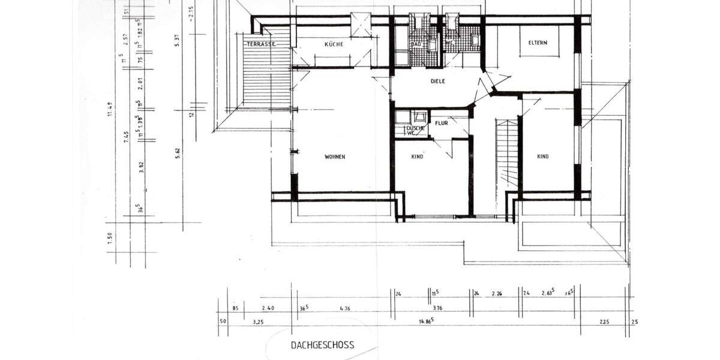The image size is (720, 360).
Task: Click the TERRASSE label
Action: tap(260, 44)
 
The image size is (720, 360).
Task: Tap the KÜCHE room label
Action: tap(334, 44)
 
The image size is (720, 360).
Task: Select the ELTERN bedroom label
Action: tap(538, 43)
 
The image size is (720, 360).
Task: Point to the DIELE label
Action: tap(438, 81)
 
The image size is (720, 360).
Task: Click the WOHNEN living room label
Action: tap(335, 157)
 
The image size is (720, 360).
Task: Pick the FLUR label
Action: tap(442, 123)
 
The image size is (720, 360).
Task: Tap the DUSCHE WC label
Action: tap(415, 130)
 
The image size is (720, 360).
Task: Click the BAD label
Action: tap(415, 44)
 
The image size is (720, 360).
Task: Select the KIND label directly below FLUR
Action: tap(418, 157)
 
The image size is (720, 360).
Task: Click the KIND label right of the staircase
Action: tap(542, 157)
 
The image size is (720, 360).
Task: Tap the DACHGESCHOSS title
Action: tap(322, 345)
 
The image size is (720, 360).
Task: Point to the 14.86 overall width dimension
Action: tap(426, 322)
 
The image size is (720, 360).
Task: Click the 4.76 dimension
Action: tap(344, 308)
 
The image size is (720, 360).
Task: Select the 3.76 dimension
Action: tap(437, 308)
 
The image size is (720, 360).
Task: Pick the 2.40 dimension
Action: tap(268, 308)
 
